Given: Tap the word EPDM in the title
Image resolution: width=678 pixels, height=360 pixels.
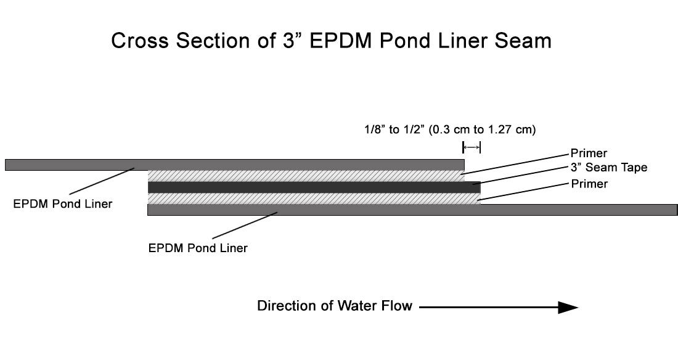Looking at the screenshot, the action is coord(341,41).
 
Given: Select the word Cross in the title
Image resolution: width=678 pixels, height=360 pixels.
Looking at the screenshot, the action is coord(140,41).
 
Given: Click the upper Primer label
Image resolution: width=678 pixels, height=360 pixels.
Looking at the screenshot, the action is coord(589,153).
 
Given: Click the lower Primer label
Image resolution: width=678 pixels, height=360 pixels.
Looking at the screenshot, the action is coord(589,184).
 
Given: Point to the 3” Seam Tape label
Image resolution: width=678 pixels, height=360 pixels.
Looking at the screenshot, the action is coord(609,168).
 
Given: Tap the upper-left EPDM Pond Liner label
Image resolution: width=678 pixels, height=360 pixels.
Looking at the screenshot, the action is coord(63,204).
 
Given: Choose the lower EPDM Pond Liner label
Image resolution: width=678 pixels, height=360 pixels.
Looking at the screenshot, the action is coord(198,248).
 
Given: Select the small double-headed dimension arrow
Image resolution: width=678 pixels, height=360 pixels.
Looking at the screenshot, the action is coord(472,147).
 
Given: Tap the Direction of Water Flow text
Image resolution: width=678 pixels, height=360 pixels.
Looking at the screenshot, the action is coord(335,306).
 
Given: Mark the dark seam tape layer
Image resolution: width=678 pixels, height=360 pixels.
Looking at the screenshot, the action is coord(314,187).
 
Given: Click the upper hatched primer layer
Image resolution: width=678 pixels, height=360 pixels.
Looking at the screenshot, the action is coord(306,176).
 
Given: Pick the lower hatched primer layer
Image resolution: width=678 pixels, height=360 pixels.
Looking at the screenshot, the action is coord(314,198).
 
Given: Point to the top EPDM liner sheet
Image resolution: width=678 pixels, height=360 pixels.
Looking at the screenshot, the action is coord(235,165).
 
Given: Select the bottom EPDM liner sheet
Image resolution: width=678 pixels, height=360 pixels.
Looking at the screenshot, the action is coord(412,210).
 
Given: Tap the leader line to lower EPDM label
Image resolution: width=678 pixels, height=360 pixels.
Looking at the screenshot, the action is coord(244,226).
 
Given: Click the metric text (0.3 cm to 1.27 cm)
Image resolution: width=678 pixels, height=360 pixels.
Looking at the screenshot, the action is coord(482,129).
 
